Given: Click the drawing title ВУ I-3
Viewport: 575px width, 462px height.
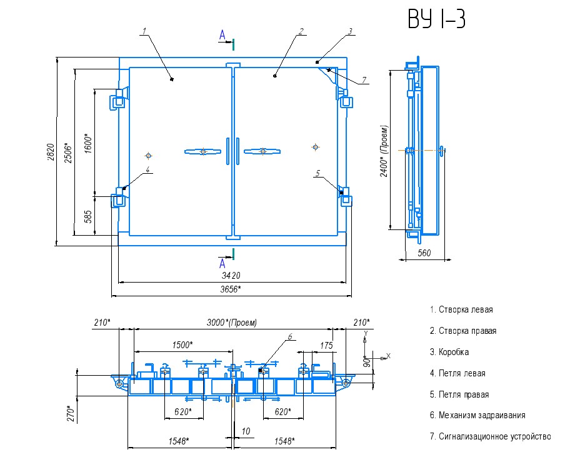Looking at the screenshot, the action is pyautogui.click(x=436, y=18).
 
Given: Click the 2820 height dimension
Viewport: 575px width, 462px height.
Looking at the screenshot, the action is pyautogui.click(x=51, y=152).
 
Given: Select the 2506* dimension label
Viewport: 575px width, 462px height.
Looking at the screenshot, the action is pyautogui.click(x=68, y=153).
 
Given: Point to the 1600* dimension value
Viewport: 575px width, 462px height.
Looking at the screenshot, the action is pyautogui.click(x=88, y=143).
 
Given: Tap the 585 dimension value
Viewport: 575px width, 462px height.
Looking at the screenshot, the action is pyautogui.click(x=88, y=217).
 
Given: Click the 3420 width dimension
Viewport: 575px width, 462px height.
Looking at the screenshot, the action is pyautogui.click(x=231, y=275).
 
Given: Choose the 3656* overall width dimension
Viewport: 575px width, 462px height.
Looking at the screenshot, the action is pyautogui.click(x=231, y=289).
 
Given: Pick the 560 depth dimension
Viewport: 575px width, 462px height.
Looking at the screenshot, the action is pyautogui.click(x=424, y=253).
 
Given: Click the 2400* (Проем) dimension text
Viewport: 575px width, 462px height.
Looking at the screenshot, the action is pyautogui.click(x=384, y=151).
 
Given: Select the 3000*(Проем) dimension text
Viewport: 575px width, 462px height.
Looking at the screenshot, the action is pyautogui.click(x=232, y=323).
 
